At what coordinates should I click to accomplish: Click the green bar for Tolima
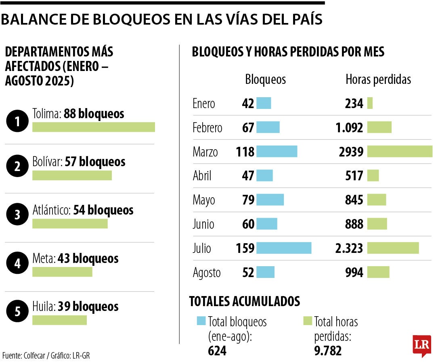pos(93,127)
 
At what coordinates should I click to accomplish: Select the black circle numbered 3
pos(17,215)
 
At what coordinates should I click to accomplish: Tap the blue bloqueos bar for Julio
pos(284,248)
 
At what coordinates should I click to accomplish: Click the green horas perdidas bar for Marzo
pos(400,152)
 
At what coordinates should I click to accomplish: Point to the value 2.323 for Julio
pos(349,248)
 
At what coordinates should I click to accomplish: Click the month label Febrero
pos(207,128)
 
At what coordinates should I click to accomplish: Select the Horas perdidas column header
pos(378,80)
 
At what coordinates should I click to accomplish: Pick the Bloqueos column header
pos(265,80)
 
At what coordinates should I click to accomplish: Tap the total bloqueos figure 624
pos(217,351)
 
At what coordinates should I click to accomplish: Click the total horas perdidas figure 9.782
pos(328,351)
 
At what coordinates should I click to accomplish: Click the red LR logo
pos(421,345)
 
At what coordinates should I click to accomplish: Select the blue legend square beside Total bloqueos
pos(201,321)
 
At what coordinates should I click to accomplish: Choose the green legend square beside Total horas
pos(308,321)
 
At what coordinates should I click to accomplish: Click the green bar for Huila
pos(59,320)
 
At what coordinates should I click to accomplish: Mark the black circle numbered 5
pos(17,311)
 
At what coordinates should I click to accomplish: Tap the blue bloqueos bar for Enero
pos(264,103)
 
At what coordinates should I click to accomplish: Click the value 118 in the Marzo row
pos(245,152)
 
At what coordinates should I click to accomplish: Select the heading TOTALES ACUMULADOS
pos(244,301)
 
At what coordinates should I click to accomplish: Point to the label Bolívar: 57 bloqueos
pos(79,162)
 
